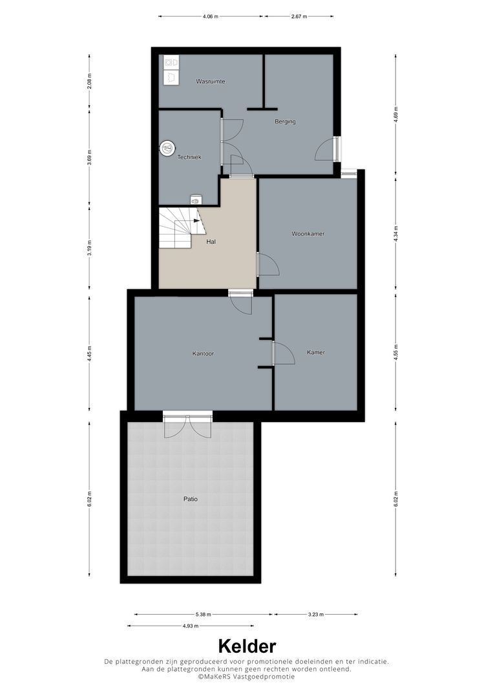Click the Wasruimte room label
[x=211, y=82]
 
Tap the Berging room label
[x=285, y=121]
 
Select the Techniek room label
[x=189, y=157]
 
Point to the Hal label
[x=211, y=242]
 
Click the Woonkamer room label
[x=308, y=233]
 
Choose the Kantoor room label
[x=203, y=354]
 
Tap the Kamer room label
[x=316, y=352]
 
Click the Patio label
[x=190, y=499]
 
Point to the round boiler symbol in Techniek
[x=167, y=148]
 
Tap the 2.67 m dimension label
[x=299, y=16]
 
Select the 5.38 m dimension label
[x=203, y=615]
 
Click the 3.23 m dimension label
[x=316, y=615]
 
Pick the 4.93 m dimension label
[x=190, y=626]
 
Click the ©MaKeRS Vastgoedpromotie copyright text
[x=246, y=676]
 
